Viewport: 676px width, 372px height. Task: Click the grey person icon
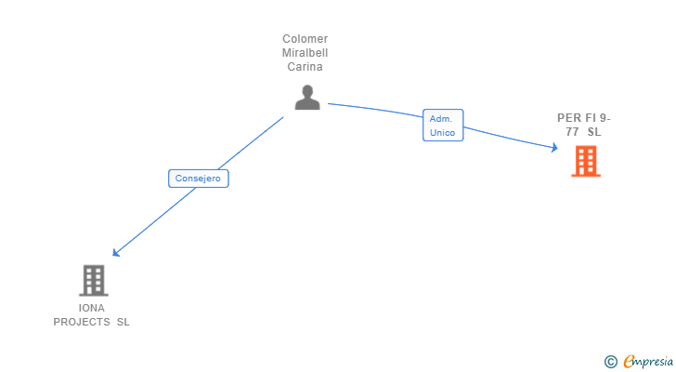click(307, 97)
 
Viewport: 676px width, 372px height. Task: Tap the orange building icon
click(586, 161)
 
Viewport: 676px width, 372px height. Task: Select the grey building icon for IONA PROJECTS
click(94, 281)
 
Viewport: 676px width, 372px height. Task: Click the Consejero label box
click(199, 179)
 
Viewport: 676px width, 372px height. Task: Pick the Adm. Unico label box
click(443, 126)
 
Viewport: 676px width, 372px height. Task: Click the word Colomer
click(305, 39)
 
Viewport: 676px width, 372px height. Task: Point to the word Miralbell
click(305, 53)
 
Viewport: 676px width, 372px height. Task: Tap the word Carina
click(305, 67)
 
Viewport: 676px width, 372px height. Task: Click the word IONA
click(91, 308)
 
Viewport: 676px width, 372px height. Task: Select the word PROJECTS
click(82, 322)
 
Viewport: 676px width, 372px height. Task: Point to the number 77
click(573, 132)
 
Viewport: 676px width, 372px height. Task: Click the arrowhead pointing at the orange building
click(554, 148)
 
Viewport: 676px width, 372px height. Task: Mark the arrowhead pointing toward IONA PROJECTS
click(115, 252)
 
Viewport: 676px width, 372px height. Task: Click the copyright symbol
click(610, 362)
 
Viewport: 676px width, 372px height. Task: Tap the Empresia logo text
click(648, 361)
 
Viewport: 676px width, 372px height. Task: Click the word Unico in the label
click(442, 132)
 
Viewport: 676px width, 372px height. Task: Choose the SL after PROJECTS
click(123, 322)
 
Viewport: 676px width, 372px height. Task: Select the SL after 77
click(594, 132)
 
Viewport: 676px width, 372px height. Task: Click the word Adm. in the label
click(440, 119)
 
